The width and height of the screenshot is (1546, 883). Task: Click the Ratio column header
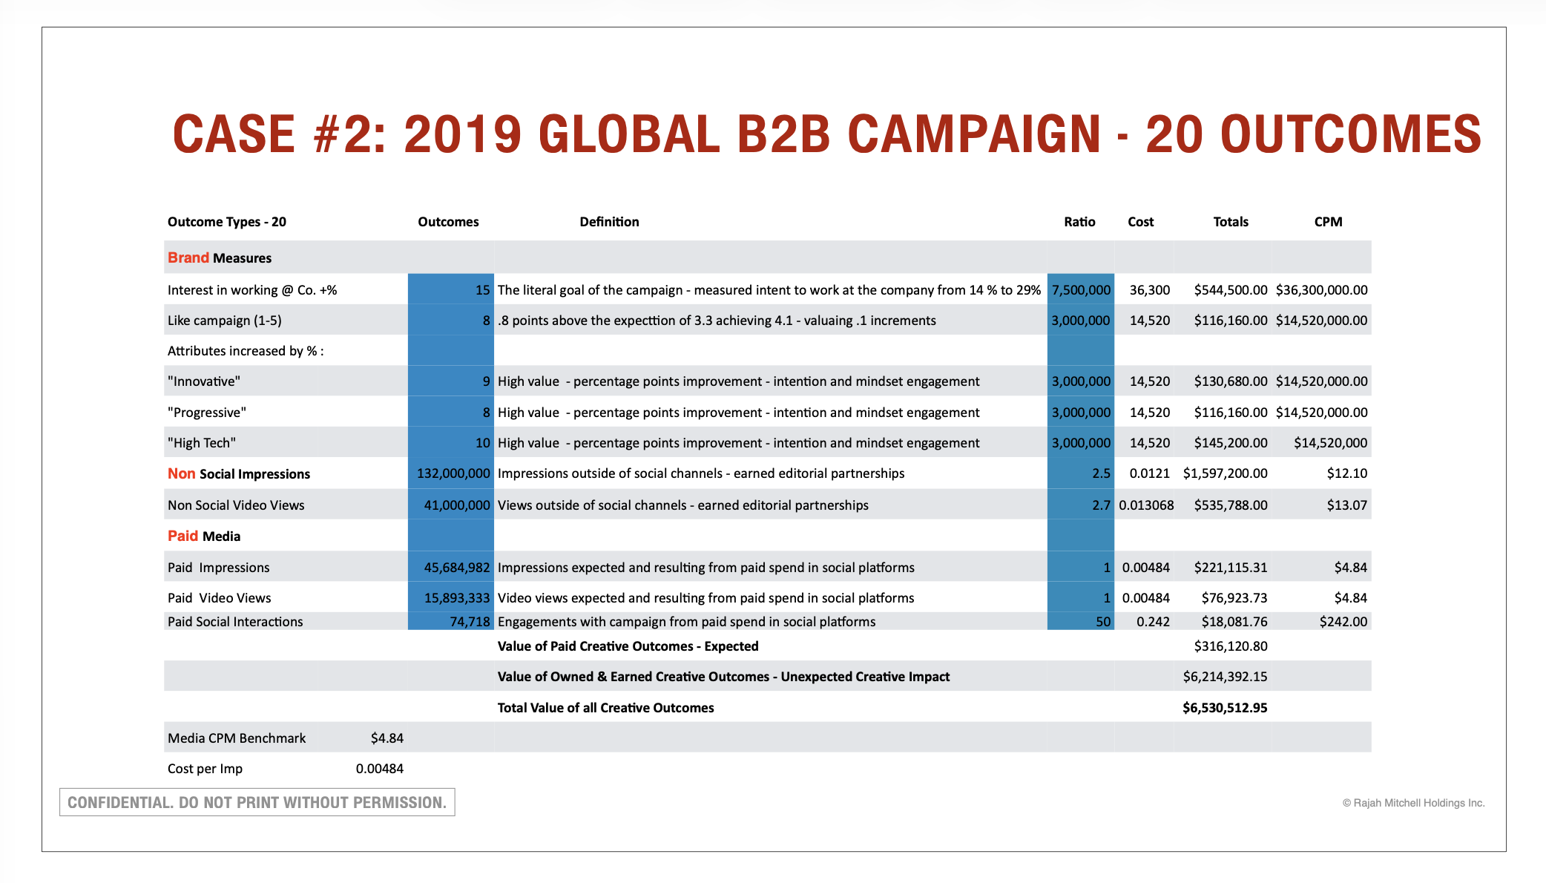(1079, 222)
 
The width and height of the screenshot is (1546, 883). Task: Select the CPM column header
(1328, 222)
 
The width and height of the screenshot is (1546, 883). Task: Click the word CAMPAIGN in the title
(974, 135)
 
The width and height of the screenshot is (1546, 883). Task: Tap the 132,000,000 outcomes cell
(453, 473)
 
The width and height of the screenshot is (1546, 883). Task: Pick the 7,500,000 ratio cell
(1081, 290)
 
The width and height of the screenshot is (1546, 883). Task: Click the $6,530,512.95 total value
(1225, 708)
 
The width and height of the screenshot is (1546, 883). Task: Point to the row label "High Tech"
(202, 443)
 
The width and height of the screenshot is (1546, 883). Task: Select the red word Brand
(188, 257)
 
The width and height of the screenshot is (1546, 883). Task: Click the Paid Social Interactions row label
(235, 622)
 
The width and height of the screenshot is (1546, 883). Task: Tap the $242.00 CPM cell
(1343, 622)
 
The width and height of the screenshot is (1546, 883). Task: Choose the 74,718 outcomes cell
(470, 622)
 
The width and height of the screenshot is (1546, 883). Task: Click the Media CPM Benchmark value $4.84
(387, 738)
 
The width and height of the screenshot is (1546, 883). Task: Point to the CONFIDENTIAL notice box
(257, 802)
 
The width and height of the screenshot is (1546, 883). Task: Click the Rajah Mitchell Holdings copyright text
(1413, 803)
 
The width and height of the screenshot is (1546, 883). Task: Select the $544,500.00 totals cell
(1230, 290)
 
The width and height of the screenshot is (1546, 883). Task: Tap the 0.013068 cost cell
(1146, 505)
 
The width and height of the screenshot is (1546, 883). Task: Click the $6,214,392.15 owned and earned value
(1225, 677)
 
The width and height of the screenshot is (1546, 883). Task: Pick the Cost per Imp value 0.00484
(379, 769)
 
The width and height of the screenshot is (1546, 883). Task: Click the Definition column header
(609, 222)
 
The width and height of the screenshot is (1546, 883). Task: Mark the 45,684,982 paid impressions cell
(456, 568)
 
